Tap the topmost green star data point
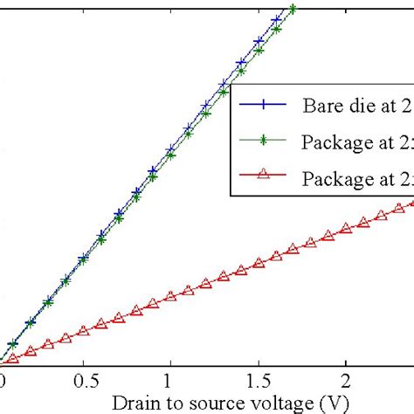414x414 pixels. [x=293, y=10]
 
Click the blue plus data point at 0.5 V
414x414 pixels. [x=83, y=259]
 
